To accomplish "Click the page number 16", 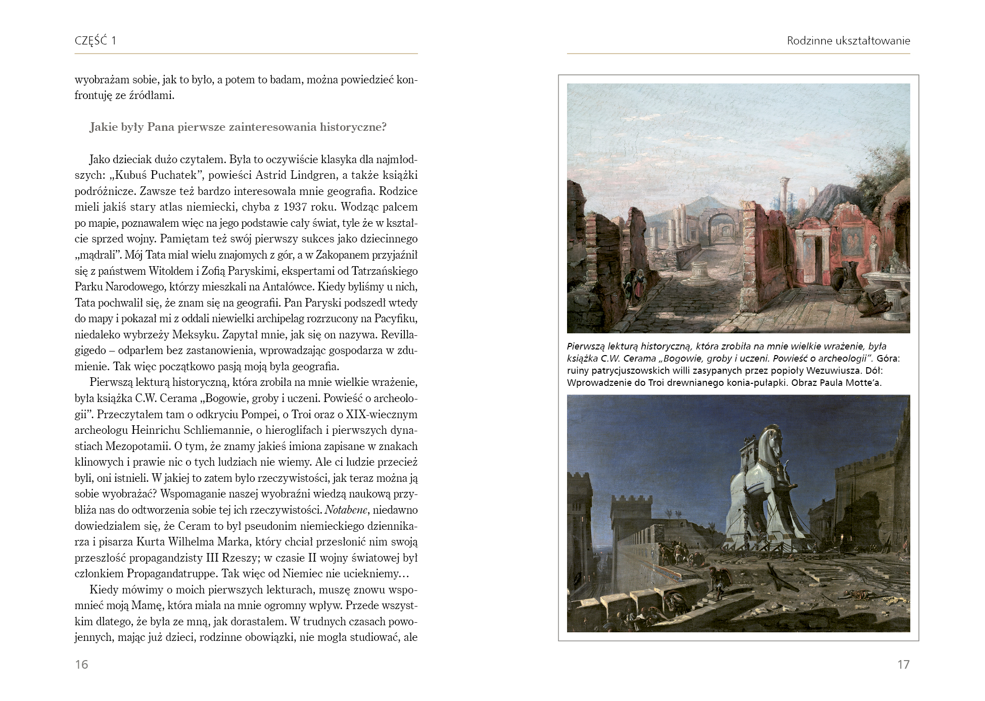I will (x=81, y=664).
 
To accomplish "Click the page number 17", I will (x=903, y=664).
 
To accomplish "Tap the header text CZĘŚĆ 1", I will (x=96, y=41).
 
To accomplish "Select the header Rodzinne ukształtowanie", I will (x=848, y=41).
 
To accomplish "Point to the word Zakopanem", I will (x=345, y=255).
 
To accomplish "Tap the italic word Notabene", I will (x=346, y=510).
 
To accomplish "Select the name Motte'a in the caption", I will (x=863, y=383).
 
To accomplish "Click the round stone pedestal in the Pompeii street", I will (x=700, y=272).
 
